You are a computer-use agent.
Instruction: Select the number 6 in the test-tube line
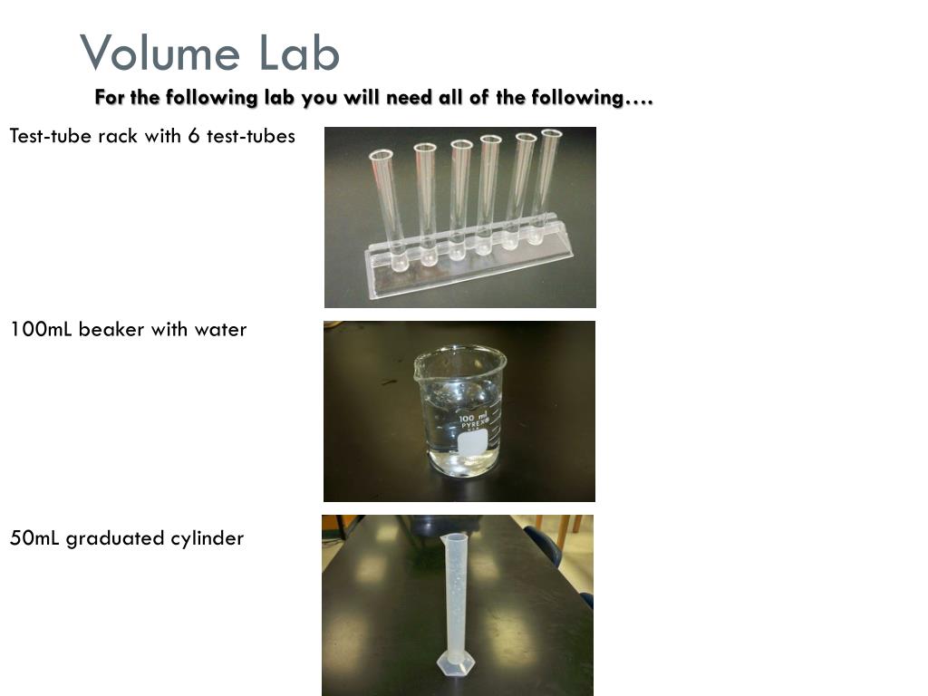pyautogui.click(x=194, y=136)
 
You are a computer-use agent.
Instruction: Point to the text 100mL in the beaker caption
pyautogui.click(x=41, y=329)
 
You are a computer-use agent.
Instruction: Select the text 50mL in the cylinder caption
pyautogui.click(x=34, y=538)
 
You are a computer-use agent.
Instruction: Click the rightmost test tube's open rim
pyautogui.click(x=551, y=133)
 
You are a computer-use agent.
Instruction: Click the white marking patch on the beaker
pyautogui.click(x=473, y=442)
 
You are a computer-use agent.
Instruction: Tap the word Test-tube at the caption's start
pyautogui.click(x=51, y=136)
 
